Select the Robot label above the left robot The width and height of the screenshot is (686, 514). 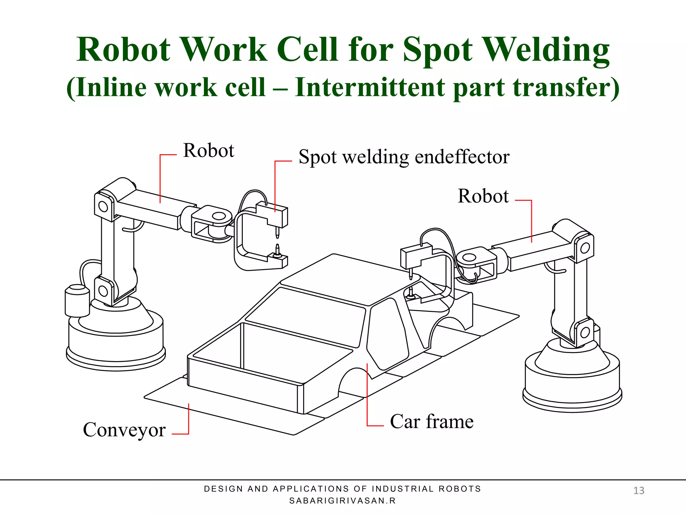208,151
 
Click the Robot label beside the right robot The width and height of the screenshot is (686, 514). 483,196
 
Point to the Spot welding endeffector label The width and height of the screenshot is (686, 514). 404,157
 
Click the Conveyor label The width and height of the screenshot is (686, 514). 124,430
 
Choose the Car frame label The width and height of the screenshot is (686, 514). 432,422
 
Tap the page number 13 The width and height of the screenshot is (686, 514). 638,491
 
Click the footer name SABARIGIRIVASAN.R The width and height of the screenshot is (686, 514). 342,501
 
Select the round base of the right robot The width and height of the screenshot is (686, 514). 572,381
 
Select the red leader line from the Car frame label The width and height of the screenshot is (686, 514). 367,395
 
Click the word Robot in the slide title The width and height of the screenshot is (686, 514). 123,50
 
